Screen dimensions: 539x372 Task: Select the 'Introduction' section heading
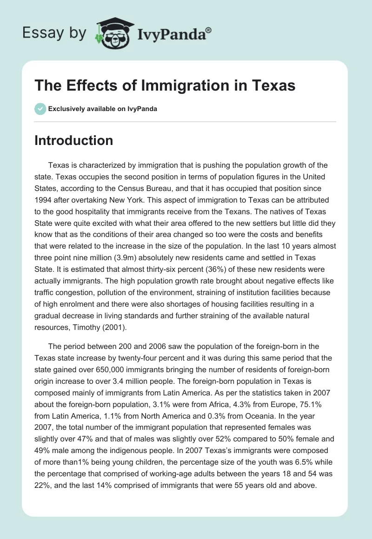73,140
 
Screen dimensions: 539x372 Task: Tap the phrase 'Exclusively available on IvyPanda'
103,109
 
